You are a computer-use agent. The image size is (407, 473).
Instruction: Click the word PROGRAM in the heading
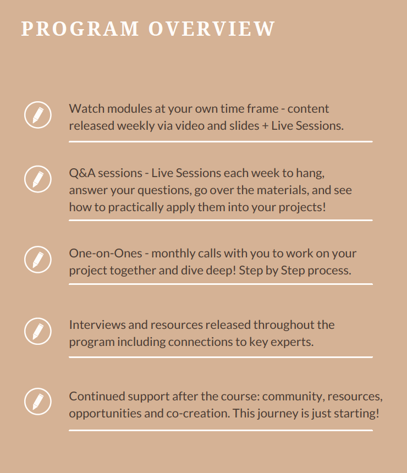80,29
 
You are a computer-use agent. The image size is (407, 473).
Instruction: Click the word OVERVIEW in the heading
212,29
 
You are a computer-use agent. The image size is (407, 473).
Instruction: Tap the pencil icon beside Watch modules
38,115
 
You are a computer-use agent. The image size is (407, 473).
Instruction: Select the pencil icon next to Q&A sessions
38,179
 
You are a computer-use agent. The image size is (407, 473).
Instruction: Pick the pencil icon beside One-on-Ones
38,260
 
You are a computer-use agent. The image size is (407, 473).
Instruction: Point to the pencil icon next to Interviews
38,331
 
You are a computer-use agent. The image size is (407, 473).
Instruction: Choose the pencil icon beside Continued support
38,402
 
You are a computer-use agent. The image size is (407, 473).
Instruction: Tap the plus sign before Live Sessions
265,126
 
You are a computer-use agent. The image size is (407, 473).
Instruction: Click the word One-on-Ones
106,254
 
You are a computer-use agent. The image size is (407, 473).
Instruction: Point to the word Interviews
97,325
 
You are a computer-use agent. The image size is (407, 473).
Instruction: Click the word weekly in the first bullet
136,126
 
